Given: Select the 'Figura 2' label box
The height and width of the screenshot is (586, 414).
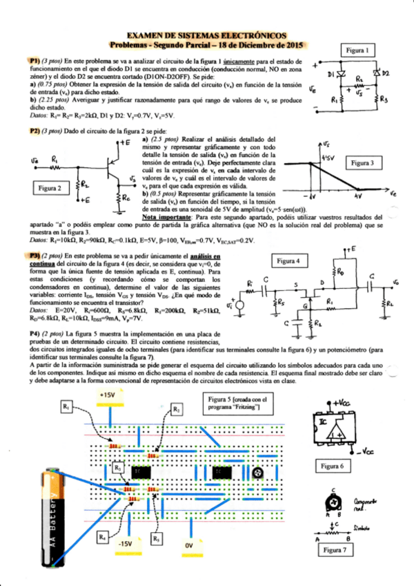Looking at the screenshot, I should tap(50, 188).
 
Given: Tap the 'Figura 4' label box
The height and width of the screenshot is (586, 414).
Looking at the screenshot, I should tap(288, 261).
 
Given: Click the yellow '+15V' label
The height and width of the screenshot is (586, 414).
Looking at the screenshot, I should tap(108, 395).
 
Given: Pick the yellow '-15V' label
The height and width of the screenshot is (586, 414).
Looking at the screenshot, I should tap(126, 544).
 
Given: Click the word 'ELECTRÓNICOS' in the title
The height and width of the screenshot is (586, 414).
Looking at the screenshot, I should tap(257, 35).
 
